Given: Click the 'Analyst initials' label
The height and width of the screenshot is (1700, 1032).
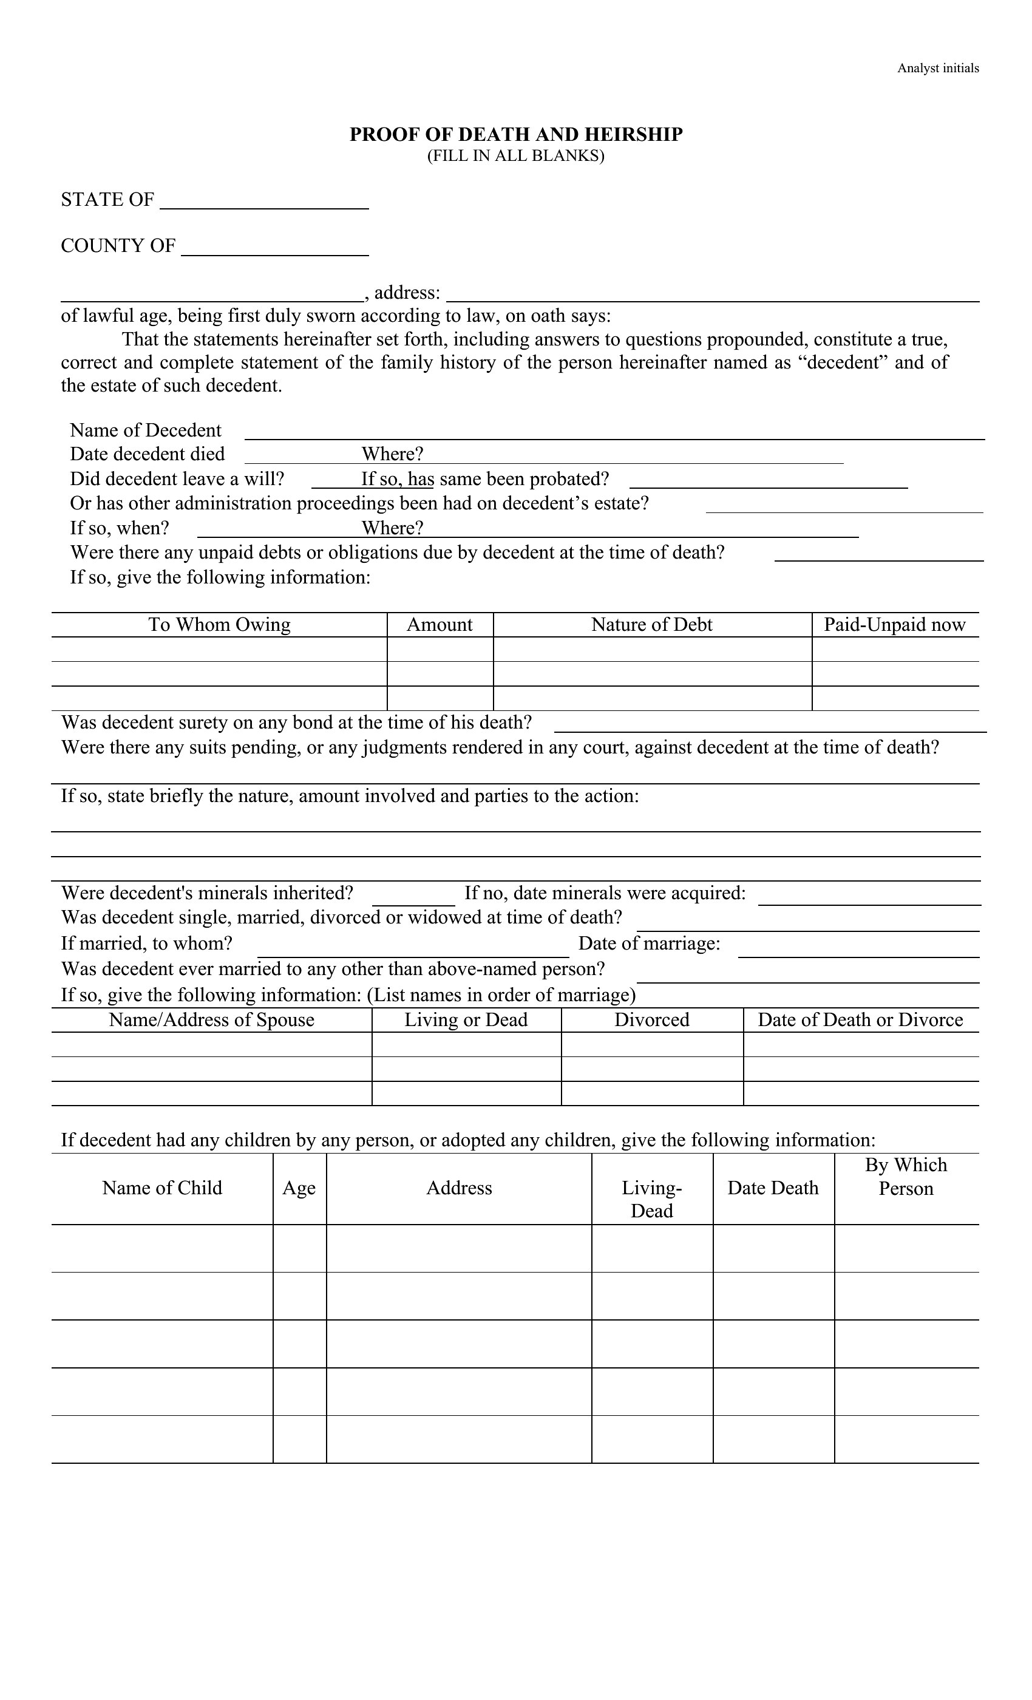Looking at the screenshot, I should [x=937, y=68].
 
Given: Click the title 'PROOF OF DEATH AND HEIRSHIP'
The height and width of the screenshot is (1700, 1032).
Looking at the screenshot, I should [x=515, y=135].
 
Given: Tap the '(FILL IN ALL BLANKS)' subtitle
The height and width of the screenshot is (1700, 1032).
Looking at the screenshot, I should [x=515, y=156].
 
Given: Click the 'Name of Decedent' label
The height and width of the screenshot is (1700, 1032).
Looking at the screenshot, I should [x=146, y=430].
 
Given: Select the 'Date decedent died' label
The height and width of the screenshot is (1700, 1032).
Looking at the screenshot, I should [x=147, y=454].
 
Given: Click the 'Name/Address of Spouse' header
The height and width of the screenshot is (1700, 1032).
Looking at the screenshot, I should [x=211, y=1020].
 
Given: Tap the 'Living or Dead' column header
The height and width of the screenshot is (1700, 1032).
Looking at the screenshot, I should [x=466, y=1020].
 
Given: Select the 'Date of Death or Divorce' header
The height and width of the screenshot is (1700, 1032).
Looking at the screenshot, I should [x=860, y=1020].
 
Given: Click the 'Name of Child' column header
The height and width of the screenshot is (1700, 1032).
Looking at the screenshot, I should [x=162, y=1188].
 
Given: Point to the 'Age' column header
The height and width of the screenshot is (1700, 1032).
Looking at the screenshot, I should [x=299, y=1188].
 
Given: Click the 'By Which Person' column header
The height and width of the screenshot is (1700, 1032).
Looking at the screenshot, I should [x=906, y=1177].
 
